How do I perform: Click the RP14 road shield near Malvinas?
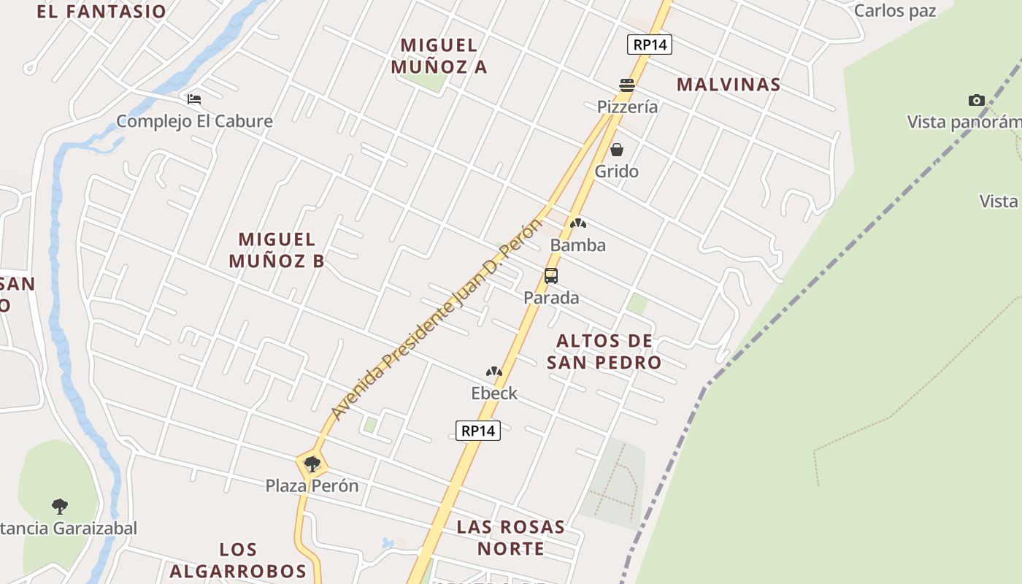click(649, 45)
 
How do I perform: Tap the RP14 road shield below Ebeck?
click(478, 431)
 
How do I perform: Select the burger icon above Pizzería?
click(627, 85)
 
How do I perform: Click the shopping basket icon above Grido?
click(617, 150)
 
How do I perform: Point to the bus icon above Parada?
click(551, 276)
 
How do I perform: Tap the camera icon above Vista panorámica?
click(976, 100)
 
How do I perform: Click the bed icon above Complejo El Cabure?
click(194, 99)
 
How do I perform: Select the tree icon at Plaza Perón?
click(312, 464)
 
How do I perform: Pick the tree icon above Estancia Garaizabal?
click(60, 505)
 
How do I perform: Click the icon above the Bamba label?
click(578, 223)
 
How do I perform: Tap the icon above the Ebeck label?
click(494, 372)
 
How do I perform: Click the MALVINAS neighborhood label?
click(729, 85)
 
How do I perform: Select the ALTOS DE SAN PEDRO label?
click(604, 352)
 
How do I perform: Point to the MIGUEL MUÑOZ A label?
click(439, 56)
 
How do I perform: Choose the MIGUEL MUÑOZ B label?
click(277, 250)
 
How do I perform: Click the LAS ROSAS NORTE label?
click(511, 537)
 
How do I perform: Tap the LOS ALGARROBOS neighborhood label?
click(238, 560)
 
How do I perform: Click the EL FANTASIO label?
click(101, 12)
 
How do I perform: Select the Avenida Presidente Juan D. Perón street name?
click(437, 319)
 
